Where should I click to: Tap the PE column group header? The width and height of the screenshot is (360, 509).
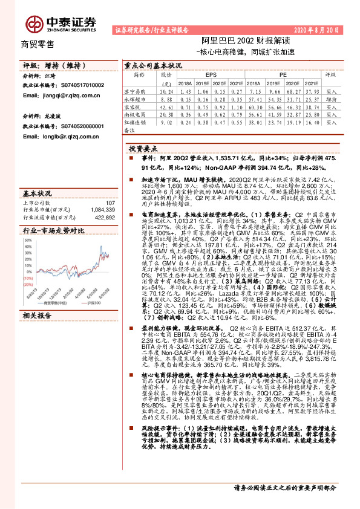click(x=283, y=74)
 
